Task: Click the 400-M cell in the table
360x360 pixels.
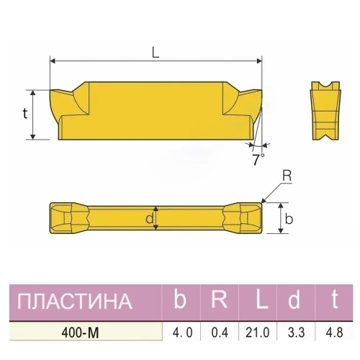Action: pos(81,332)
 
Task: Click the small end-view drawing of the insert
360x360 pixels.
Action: pos(325,110)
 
